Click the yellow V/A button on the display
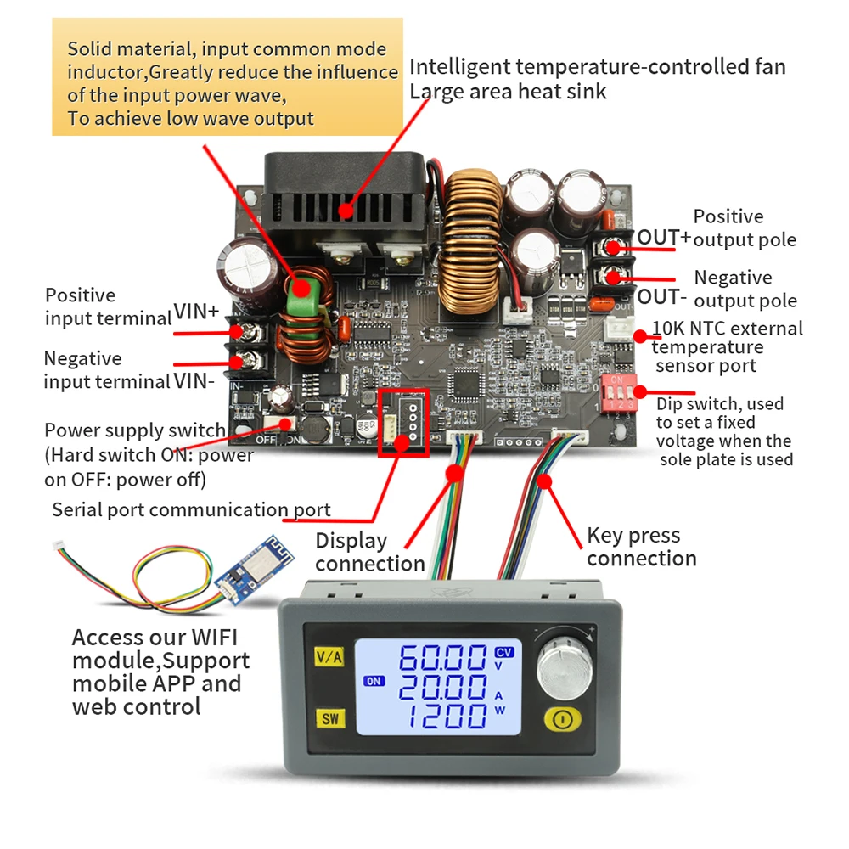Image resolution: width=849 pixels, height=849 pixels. pyautogui.click(x=329, y=657)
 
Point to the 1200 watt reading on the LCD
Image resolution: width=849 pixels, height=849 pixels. pyautogui.click(x=442, y=717)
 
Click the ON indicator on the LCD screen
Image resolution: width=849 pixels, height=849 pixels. pyautogui.click(x=374, y=681)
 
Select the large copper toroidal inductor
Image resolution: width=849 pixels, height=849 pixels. pyautogui.click(x=472, y=242)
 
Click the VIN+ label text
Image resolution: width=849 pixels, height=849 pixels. pyautogui.click(x=197, y=312)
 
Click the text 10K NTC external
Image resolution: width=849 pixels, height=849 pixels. pyautogui.click(x=727, y=329)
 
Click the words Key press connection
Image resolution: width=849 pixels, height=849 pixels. pyautogui.click(x=641, y=547)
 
